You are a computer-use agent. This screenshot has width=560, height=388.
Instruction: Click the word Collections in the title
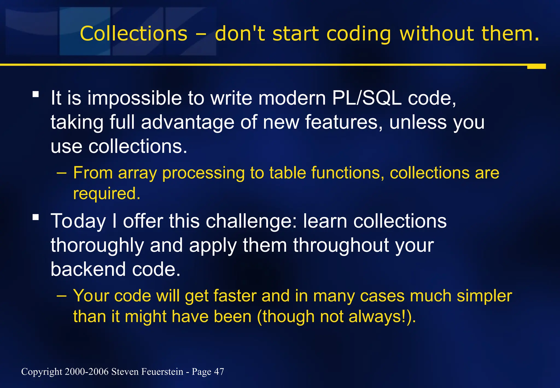133,34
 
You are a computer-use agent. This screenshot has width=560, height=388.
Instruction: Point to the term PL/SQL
367,98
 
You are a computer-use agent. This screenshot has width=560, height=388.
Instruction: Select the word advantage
188,122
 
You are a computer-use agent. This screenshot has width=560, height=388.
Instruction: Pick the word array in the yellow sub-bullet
138,173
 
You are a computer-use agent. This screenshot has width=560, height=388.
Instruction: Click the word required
107,193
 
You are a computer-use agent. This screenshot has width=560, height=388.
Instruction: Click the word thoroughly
97,245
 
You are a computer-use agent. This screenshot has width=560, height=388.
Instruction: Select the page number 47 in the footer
219,372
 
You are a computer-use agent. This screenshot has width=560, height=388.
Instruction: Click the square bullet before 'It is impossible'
36,95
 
